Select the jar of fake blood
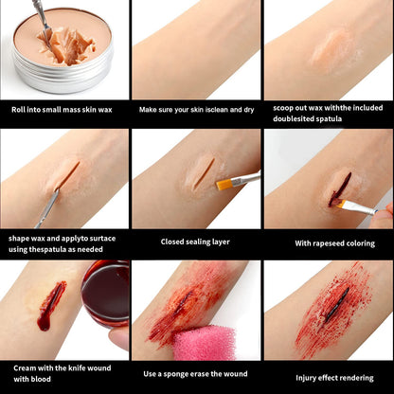(105, 294)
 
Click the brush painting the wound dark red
(359, 206)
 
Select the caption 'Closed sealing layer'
(196, 242)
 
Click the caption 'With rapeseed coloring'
(329, 242)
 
